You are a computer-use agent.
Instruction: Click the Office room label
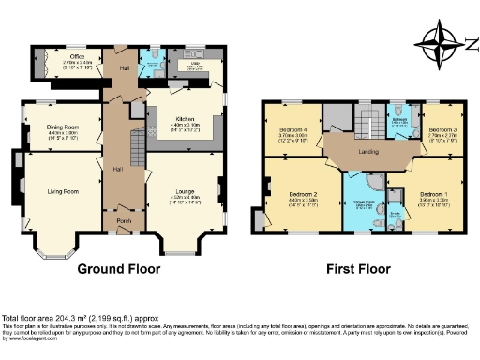coord(64,57)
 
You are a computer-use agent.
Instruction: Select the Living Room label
coord(63,191)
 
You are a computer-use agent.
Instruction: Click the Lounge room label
coord(185,193)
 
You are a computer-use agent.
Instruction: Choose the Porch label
coord(124,221)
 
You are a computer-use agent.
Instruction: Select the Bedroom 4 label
coord(293,128)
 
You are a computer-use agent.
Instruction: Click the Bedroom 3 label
coord(442,128)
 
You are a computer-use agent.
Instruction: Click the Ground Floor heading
coord(122,269)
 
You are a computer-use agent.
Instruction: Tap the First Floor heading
coord(358,269)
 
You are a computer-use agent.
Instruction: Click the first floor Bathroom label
coord(397,121)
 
